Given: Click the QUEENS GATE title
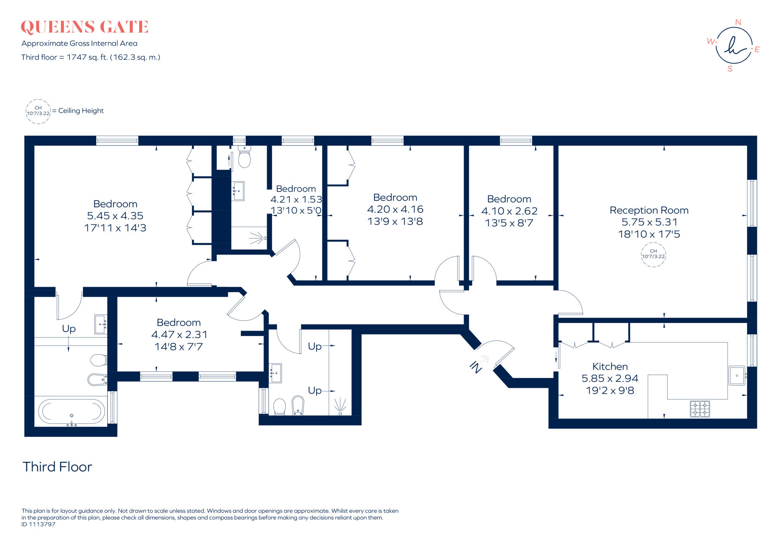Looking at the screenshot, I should point(84,27).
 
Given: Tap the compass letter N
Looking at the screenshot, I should point(738,22).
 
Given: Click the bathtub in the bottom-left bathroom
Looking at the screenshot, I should point(72,411).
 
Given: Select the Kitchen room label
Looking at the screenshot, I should point(610,366).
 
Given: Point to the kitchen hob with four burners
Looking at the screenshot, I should point(700,409).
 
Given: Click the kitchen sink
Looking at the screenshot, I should point(737,375).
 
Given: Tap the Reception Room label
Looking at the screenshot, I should point(649,210).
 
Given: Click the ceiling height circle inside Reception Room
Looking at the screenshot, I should point(653,254).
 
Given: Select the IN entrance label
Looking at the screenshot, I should point(476,367).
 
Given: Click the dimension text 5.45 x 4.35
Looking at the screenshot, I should point(115,216).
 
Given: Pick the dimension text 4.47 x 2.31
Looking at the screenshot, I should point(179,334).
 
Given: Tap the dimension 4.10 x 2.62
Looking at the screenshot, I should point(509,211).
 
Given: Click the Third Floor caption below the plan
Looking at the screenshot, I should point(57,467).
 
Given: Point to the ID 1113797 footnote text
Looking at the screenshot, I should point(38,524).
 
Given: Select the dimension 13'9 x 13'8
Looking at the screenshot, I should point(395,221).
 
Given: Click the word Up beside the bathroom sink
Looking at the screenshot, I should point(69,328).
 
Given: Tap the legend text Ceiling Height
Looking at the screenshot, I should point(81,111).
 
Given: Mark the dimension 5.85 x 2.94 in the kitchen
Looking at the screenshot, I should point(610,379).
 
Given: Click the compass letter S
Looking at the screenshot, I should point(730,69).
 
